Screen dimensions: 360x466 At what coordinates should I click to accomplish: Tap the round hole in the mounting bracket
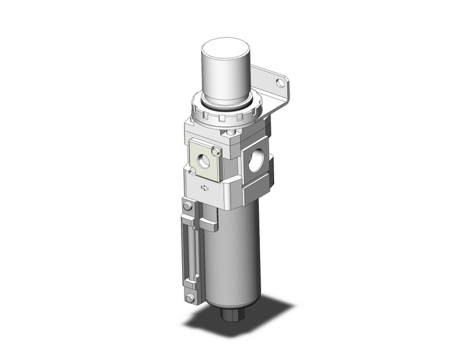coord(281,82)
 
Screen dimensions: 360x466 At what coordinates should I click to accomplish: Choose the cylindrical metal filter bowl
coord(236,258)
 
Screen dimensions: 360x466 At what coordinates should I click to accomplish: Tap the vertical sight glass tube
coord(189,251)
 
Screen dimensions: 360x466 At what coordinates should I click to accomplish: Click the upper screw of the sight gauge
coord(188,208)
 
